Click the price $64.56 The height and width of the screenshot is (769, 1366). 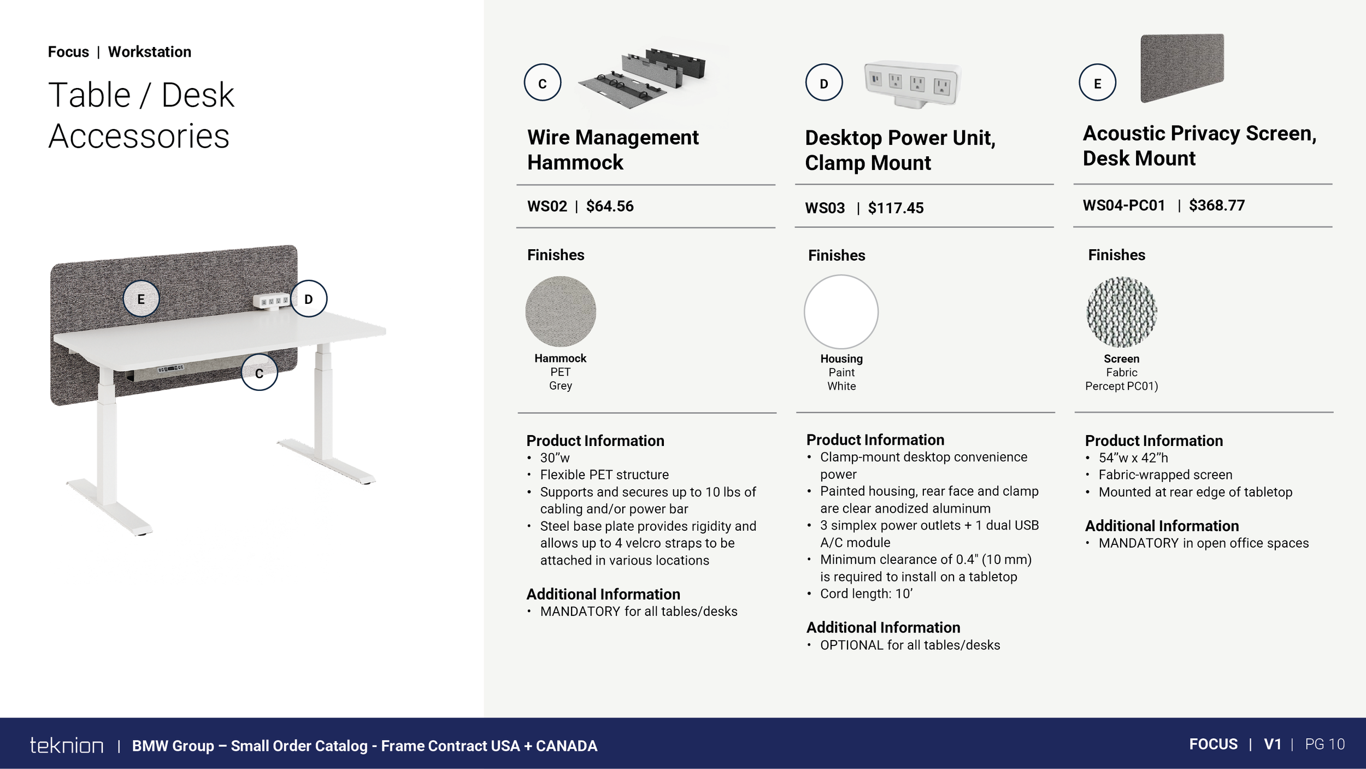(x=610, y=206)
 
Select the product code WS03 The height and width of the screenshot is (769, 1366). (x=825, y=208)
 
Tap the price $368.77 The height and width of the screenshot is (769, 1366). (x=1217, y=206)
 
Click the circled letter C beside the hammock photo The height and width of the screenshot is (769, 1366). (x=543, y=83)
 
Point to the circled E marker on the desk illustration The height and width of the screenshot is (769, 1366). (x=141, y=299)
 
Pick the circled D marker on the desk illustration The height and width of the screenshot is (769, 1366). (x=309, y=299)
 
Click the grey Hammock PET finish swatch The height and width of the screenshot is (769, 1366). (x=561, y=311)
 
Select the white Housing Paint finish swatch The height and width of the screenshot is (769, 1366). (x=841, y=312)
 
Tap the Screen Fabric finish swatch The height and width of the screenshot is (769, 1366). (x=1122, y=312)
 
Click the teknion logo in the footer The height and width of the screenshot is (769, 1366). (x=67, y=745)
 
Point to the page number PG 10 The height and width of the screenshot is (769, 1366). (x=1325, y=744)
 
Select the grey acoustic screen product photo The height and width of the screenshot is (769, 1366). (x=1182, y=68)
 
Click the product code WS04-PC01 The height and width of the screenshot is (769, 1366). (x=1124, y=206)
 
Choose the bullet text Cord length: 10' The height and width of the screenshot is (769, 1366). (x=866, y=594)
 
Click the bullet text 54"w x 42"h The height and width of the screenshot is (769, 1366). (x=1133, y=458)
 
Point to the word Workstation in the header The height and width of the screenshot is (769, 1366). (x=150, y=52)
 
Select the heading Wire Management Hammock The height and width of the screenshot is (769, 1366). (x=613, y=150)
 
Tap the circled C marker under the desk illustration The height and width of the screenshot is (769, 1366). (x=260, y=372)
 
